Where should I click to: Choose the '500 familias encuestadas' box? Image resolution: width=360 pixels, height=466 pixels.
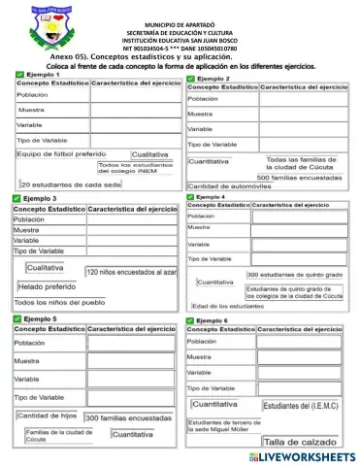tap(307, 177)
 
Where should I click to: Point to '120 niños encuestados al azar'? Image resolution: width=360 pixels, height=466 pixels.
tap(131, 272)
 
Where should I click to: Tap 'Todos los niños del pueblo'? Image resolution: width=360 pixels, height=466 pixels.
tap(57, 303)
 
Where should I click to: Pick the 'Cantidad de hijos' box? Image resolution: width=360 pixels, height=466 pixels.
tap(48, 415)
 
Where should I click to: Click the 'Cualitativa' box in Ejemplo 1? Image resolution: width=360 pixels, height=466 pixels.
tap(150, 154)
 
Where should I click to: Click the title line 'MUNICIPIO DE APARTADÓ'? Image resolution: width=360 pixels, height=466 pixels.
tap(180, 21)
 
